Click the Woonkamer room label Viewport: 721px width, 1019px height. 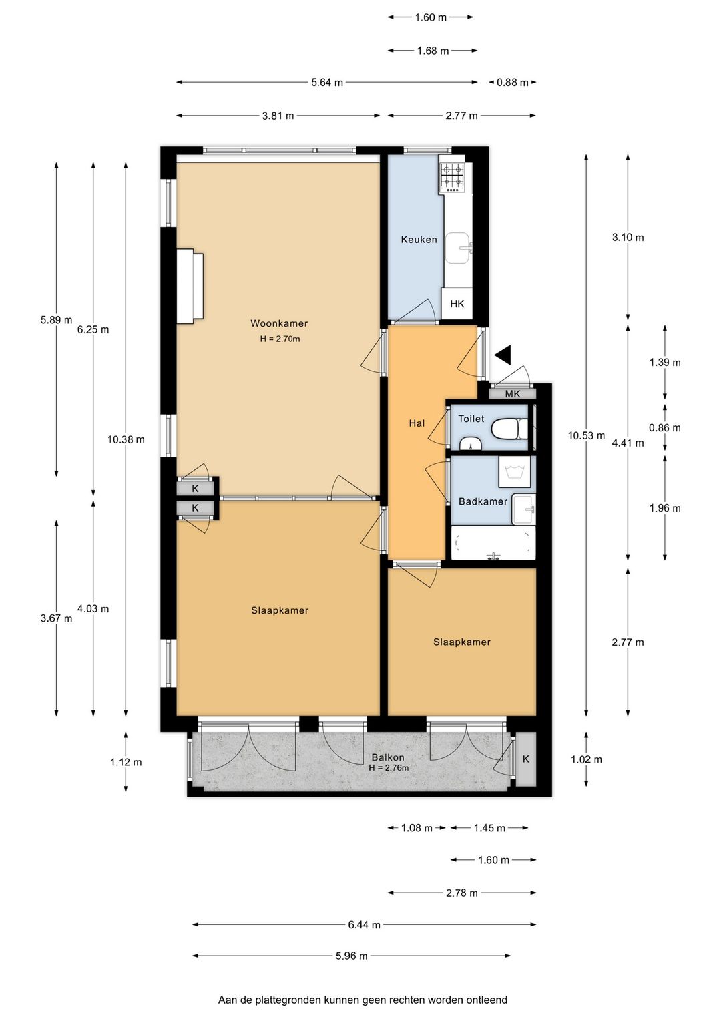coord(279,323)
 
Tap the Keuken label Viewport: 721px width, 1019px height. coord(419,239)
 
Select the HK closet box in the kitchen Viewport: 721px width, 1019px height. coord(457,303)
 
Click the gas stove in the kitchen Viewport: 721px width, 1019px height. coord(453,177)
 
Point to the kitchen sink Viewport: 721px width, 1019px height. coord(459,248)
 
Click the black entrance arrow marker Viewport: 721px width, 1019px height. coord(503,355)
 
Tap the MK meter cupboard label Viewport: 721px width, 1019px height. coord(512,394)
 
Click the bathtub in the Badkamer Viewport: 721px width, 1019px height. coord(493,543)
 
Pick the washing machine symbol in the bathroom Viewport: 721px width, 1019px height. coord(515,471)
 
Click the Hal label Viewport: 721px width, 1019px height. coord(417,423)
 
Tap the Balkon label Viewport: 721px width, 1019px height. coord(388,757)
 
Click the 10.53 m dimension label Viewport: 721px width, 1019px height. coord(586,435)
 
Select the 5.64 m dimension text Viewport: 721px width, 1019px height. coord(327,83)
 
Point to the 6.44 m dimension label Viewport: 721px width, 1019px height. coord(365,924)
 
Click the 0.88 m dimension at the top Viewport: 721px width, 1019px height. coord(513,83)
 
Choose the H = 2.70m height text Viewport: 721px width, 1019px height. coord(280,339)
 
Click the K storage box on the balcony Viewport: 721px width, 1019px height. coord(526,759)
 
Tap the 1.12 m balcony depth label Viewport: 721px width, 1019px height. coord(126,762)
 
